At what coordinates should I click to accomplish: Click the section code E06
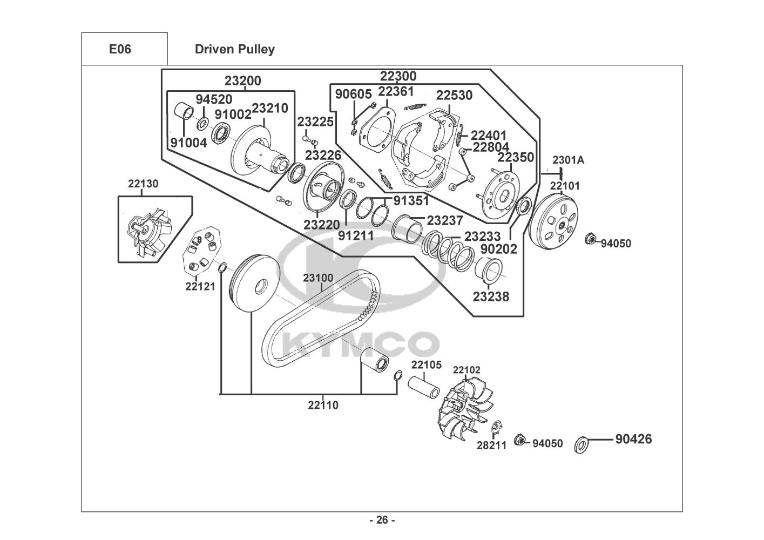(120, 49)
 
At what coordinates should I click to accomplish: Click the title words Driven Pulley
(234, 49)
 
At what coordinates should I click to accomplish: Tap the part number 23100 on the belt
(317, 278)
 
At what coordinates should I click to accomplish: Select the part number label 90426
(633, 439)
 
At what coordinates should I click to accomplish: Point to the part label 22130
(143, 184)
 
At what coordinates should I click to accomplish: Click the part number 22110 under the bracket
(323, 405)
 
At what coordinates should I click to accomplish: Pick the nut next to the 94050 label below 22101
(591, 238)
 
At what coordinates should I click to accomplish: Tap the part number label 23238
(491, 296)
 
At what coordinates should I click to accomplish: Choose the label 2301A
(568, 160)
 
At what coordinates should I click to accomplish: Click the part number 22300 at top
(398, 76)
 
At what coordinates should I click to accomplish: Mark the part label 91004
(188, 143)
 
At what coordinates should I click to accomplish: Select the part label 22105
(427, 365)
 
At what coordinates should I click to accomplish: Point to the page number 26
(382, 521)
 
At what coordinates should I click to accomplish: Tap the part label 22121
(200, 286)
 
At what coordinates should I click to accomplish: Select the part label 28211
(491, 446)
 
